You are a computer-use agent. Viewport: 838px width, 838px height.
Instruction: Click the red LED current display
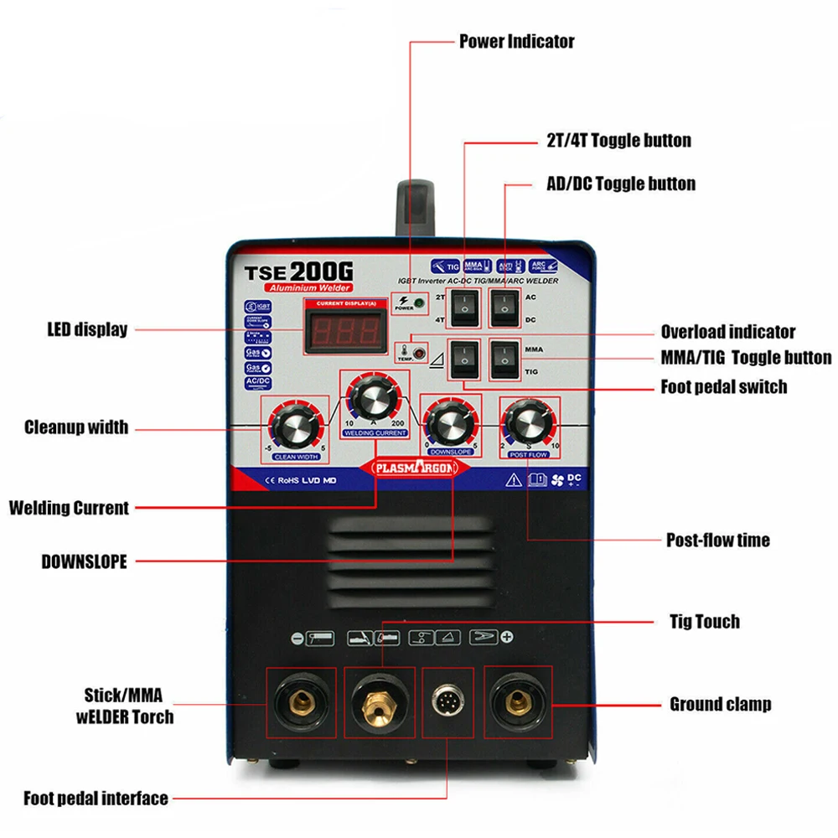(346, 329)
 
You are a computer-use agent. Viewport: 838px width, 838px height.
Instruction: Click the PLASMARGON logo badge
(411, 468)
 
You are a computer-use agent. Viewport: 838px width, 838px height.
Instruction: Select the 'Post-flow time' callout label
(717, 541)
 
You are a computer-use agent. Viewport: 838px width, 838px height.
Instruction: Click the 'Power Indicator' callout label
(516, 41)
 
